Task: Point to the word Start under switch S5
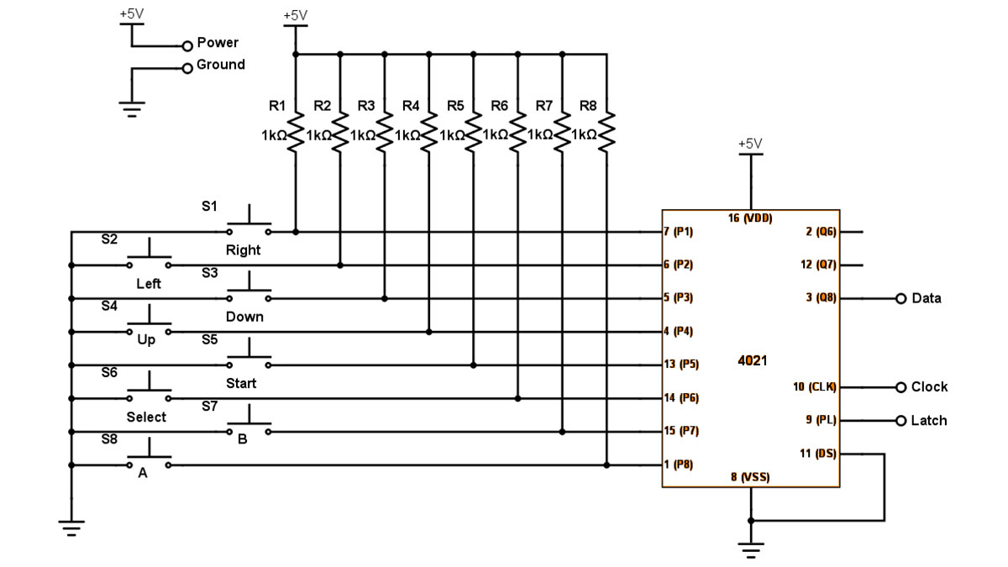[241, 383]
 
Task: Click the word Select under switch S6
[146, 417]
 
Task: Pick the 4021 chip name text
[752, 360]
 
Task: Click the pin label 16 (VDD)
[750, 218]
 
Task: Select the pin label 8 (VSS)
[749, 477]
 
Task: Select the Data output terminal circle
[901, 298]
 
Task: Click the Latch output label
[928, 420]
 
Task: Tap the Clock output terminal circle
[901, 387]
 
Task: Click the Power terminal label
[218, 42]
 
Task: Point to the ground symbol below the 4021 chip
[751, 550]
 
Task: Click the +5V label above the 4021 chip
[750, 144]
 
